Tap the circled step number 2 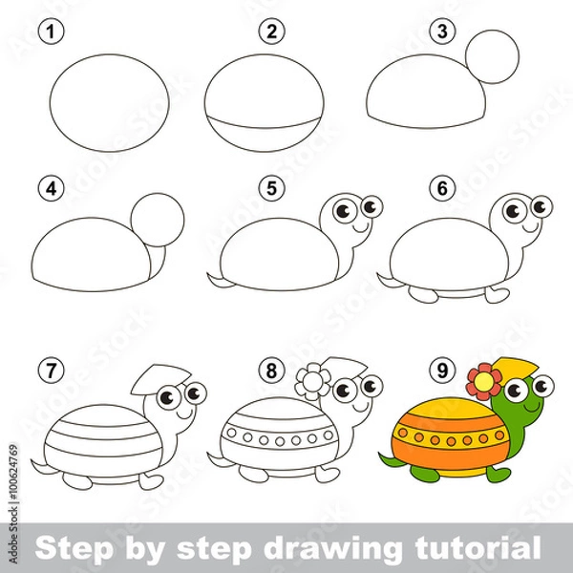(x=272, y=32)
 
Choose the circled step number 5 (x=272, y=189)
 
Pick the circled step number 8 (x=272, y=368)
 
